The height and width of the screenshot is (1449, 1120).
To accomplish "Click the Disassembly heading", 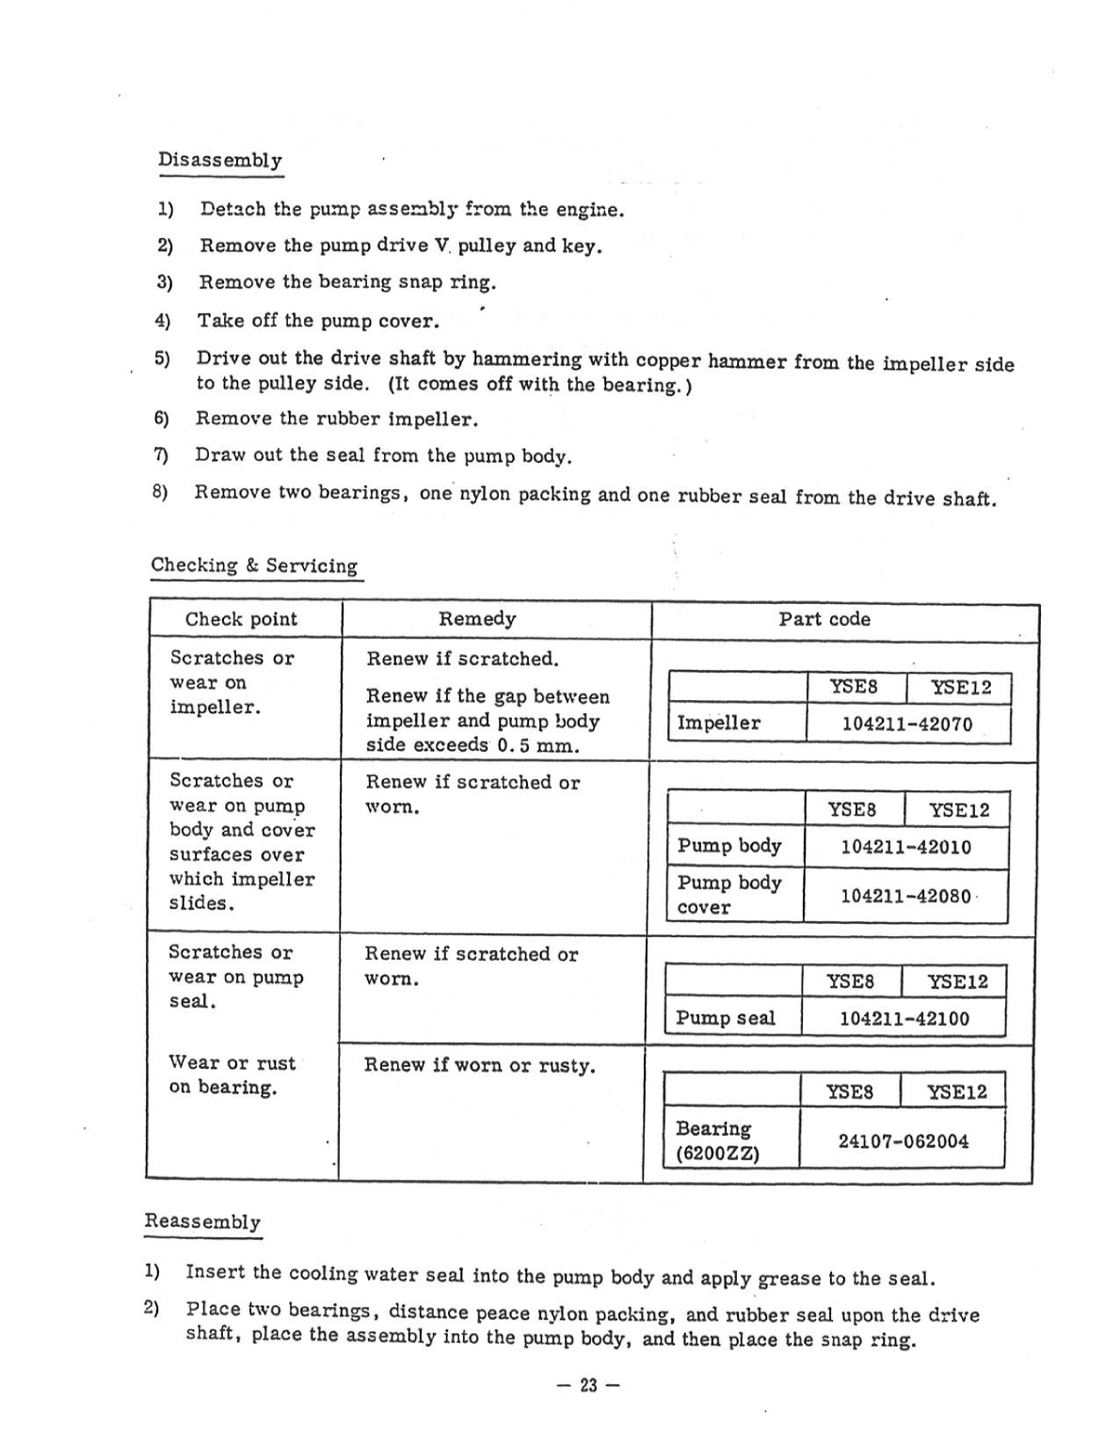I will point(219,160).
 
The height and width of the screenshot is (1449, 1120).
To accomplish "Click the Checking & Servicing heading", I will point(254,565).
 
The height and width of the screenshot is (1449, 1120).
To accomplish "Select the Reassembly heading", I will point(202,1221).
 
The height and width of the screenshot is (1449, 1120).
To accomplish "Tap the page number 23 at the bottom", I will point(588,1385).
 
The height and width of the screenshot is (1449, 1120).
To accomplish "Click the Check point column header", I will point(241,619).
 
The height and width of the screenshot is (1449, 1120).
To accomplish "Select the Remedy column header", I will point(477,619).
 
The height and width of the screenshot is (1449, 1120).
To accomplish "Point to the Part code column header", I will point(824,619).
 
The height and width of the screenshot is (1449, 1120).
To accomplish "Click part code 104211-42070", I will point(906,724).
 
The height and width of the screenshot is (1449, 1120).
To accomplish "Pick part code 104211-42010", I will point(905,847).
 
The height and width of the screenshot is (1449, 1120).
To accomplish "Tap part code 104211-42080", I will point(905,896).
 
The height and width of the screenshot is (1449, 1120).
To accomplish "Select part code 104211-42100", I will point(904,1018).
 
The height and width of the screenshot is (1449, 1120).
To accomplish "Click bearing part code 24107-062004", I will point(903,1141).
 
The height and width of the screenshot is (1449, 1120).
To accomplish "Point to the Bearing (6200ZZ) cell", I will point(717,1140).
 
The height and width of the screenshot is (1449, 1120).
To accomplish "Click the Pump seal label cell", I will point(726,1018).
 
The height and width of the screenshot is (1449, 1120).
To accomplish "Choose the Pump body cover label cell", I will point(729,894).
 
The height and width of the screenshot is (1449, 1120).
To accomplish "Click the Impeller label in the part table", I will point(719,724).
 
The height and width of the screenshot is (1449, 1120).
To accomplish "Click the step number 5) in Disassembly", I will point(162,358).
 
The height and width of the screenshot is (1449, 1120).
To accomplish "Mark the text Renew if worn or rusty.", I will point(480,1066).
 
